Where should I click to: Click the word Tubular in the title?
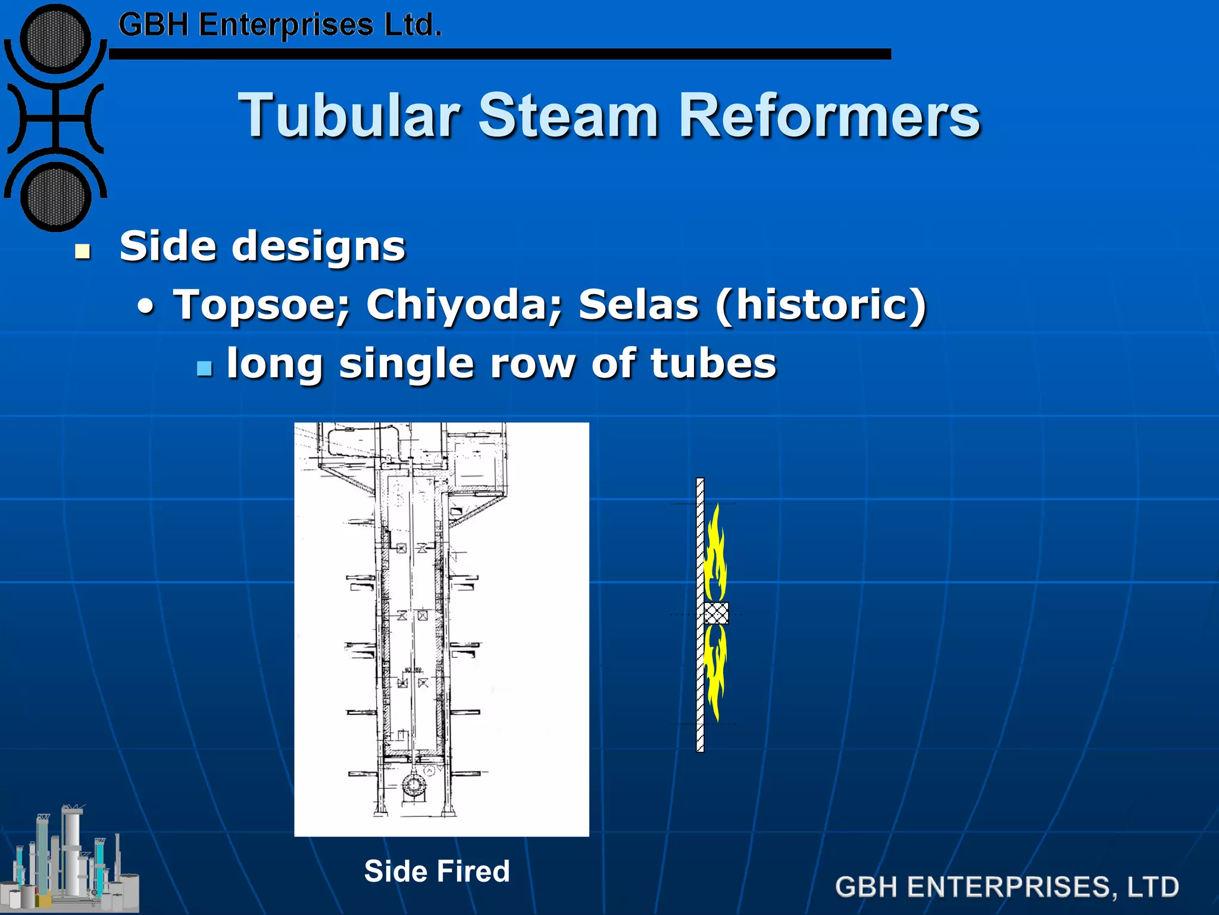click(x=350, y=116)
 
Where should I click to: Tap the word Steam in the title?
click(x=568, y=116)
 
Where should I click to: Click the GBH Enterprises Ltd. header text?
click(x=280, y=26)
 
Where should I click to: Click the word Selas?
click(x=638, y=305)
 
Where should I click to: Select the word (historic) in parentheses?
click(x=821, y=305)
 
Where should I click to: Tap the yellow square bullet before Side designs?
click(x=83, y=252)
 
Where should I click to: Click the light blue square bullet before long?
click(x=204, y=368)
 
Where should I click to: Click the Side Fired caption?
click(x=437, y=871)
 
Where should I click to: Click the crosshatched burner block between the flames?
click(x=716, y=613)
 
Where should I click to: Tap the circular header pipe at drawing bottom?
click(x=412, y=786)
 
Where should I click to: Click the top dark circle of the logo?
click(x=55, y=39)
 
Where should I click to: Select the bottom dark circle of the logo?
click(x=55, y=197)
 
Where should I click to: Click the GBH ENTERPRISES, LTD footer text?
click(x=1007, y=887)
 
